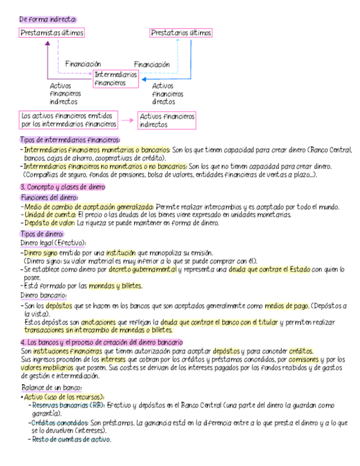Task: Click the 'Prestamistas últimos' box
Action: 52,33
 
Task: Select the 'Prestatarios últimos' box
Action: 181,33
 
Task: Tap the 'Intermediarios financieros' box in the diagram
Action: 115,78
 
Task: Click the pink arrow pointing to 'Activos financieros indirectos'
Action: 128,120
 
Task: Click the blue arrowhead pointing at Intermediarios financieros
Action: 142,80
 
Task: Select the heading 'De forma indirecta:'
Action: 48,19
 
